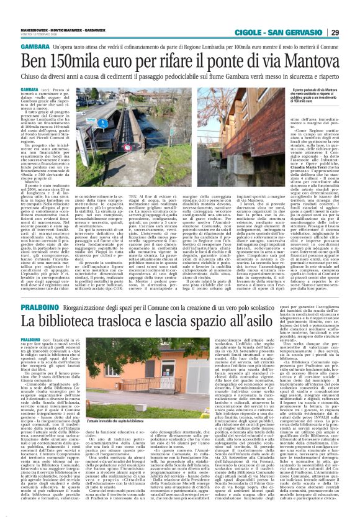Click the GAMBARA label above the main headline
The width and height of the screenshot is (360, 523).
(x=19, y=47)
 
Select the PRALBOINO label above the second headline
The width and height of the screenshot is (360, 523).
(x=20, y=291)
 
